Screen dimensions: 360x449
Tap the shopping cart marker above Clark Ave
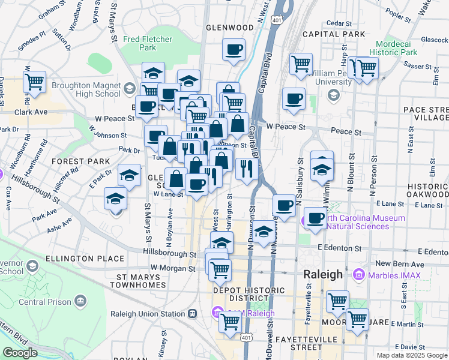pos(34,81)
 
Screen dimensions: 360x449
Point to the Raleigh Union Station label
pos(148,313)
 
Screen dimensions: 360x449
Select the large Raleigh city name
pos(322,274)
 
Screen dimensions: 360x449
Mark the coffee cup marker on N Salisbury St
pos(284,205)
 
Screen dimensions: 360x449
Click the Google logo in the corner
pos(20,353)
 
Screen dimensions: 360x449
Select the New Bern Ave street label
pos(391,263)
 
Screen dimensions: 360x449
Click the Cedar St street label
pos(339,23)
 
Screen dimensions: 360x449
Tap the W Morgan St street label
pos(173,268)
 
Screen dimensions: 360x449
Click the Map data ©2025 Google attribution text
pos(411,355)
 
